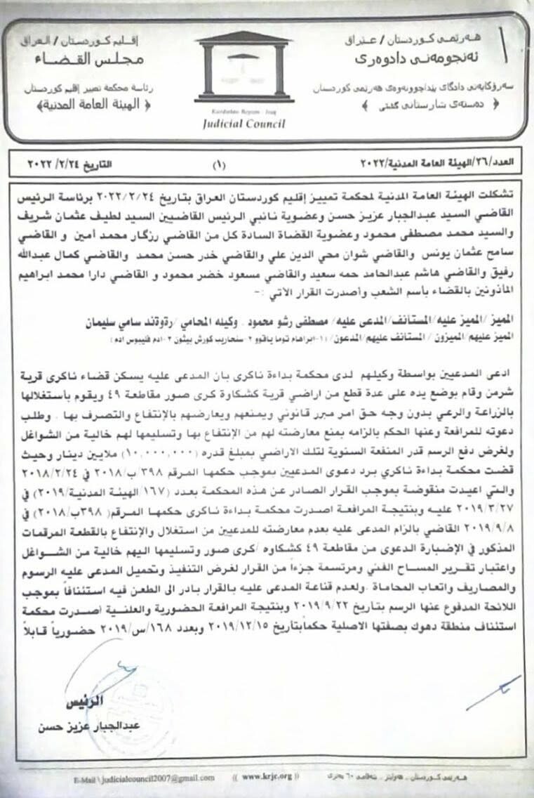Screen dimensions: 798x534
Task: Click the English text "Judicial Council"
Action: [243, 124]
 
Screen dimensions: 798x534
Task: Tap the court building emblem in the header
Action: [243, 69]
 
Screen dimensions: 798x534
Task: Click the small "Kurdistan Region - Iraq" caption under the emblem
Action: [243, 113]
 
